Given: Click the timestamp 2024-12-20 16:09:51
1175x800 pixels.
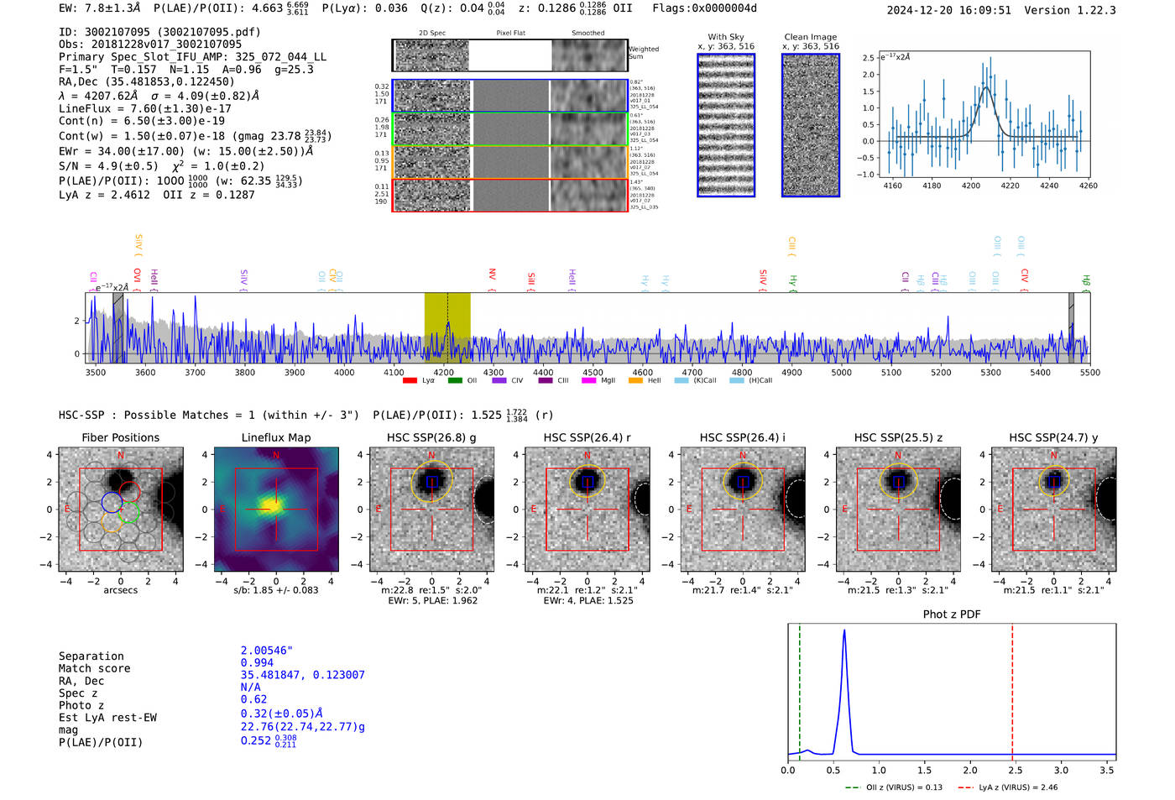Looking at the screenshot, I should click(948, 10).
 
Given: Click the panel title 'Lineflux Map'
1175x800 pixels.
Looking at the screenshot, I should click(276, 437).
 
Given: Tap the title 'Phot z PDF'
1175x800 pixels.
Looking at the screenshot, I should click(952, 614).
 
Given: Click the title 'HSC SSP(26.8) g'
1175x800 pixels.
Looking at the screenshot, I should click(431, 437).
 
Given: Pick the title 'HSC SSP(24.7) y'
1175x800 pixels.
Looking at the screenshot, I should click(1053, 437).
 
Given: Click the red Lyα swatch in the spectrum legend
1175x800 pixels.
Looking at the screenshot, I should click(410, 381).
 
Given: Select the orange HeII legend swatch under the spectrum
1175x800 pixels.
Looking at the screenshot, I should click(635, 381).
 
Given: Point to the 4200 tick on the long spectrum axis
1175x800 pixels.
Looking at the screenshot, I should click(443, 372).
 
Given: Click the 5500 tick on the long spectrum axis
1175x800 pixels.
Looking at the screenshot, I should click(1089, 372).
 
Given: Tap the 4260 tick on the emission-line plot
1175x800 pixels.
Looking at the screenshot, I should click(1088, 186).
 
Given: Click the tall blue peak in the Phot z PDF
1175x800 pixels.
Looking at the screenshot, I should click(843, 634).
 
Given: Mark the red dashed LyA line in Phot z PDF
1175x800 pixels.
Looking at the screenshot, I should click(1012, 688).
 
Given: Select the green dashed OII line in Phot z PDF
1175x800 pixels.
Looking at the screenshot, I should click(800, 688).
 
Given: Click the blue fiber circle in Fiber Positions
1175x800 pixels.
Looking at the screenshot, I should click(112, 503).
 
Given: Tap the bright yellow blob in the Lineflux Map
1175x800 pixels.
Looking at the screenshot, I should click(270, 505).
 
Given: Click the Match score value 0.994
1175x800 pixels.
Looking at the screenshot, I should click(257, 663).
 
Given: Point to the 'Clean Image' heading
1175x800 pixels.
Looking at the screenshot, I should click(810, 37).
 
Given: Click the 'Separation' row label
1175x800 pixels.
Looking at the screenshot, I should click(91, 656).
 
